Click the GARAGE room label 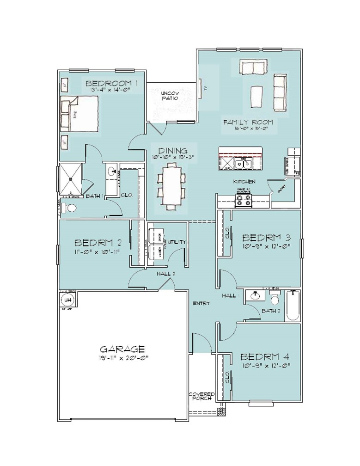pos(122,349)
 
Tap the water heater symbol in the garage pos(67,300)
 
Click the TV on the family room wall pos(202,88)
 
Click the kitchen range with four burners pos(244,200)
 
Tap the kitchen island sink pos(242,163)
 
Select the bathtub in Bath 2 pos(293,306)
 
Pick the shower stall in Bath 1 pos(71,178)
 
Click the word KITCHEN pos(244,182)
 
